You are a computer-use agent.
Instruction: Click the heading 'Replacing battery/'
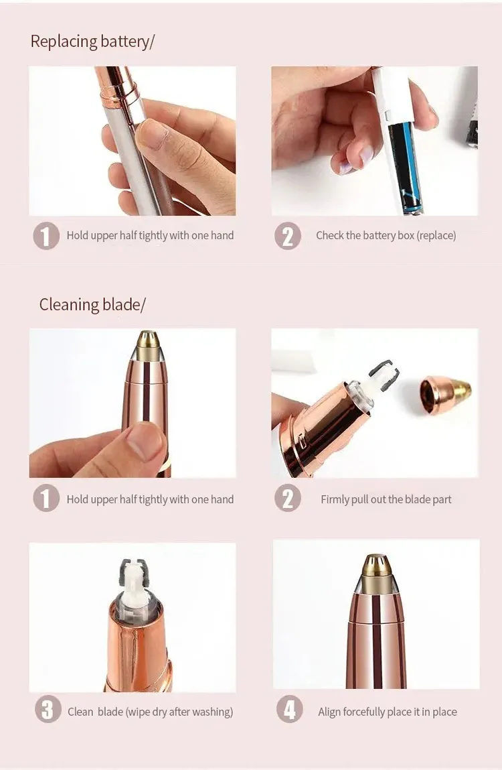pos(92,42)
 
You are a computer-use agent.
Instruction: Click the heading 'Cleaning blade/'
pos(92,305)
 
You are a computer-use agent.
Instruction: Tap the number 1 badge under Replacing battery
pos(46,236)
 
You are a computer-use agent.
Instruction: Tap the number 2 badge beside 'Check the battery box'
pos(287,236)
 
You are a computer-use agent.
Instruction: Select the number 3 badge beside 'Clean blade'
pos(47,712)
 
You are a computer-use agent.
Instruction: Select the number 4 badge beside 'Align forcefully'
pos(288,712)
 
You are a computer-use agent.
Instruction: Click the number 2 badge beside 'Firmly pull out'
pos(287,499)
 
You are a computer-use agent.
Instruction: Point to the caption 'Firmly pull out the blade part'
pos(386,500)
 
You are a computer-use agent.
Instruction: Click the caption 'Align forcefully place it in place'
pos(387,712)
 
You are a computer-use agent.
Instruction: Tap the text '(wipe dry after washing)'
pos(179,712)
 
